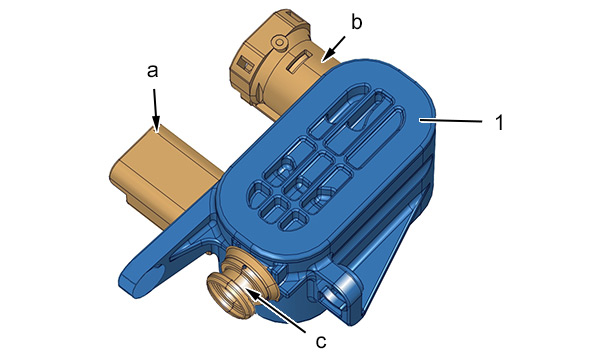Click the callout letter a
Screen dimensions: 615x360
pyautogui.click(x=153, y=71)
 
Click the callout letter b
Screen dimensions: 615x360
pyautogui.click(x=356, y=22)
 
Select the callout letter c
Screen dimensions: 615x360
pyautogui.click(x=321, y=342)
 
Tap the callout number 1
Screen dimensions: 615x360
pyautogui.click(x=499, y=123)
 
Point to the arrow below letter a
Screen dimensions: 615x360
pyautogui.click(x=156, y=111)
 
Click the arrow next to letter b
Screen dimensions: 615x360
pyautogui.click(x=333, y=49)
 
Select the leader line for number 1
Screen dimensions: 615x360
pyautogui.click(x=450, y=122)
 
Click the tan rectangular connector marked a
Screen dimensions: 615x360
pyautogui.click(x=165, y=176)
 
